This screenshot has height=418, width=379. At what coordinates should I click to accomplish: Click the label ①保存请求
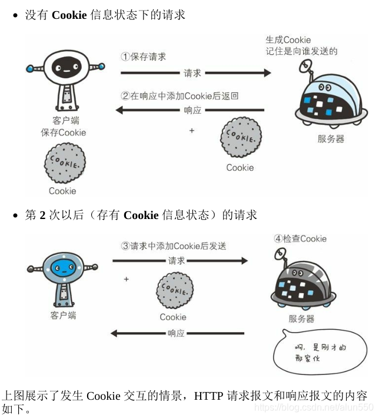pyautogui.click(x=144, y=57)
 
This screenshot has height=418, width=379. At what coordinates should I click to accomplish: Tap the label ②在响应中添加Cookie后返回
pyautogui.click(x=179, y=95)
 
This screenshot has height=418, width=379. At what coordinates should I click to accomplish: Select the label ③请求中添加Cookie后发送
pyautogui.click(x=174, y=246)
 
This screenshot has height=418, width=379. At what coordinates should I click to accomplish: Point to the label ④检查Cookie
pyautogui.click(x=300, y=238)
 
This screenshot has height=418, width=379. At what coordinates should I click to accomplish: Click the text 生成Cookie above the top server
pyautogui.click(x=288, y=40)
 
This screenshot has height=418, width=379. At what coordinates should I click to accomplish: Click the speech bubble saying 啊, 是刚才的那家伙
pyautogui.click(x=318, y=352)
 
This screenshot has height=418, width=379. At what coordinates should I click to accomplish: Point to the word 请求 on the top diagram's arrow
pyautogui.click(x=192, y=73)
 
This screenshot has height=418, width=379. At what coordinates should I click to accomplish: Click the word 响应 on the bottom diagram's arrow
pyautogui.click(x=176, y=333)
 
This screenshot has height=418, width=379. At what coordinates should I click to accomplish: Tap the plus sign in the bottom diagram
pyautogui.click(x=126, y=279)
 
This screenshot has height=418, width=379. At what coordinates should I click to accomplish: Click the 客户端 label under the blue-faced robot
pyautogui.click(x=63, y=315)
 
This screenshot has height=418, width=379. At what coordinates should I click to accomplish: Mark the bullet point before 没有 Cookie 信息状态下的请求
pyautogui.click(x=16, y=16)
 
